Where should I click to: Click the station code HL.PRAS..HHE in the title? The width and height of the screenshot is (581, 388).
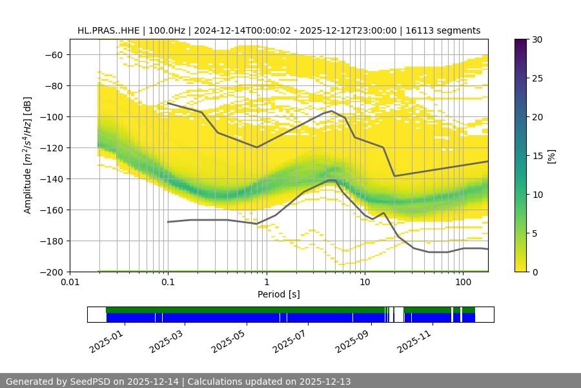(107, 30)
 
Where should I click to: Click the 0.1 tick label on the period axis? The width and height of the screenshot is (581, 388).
(168, 282)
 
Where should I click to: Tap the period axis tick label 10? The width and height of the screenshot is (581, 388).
(365, 282)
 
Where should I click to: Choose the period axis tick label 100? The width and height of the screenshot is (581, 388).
(463, 282)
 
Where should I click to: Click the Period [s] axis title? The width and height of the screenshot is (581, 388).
(279, 294)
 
